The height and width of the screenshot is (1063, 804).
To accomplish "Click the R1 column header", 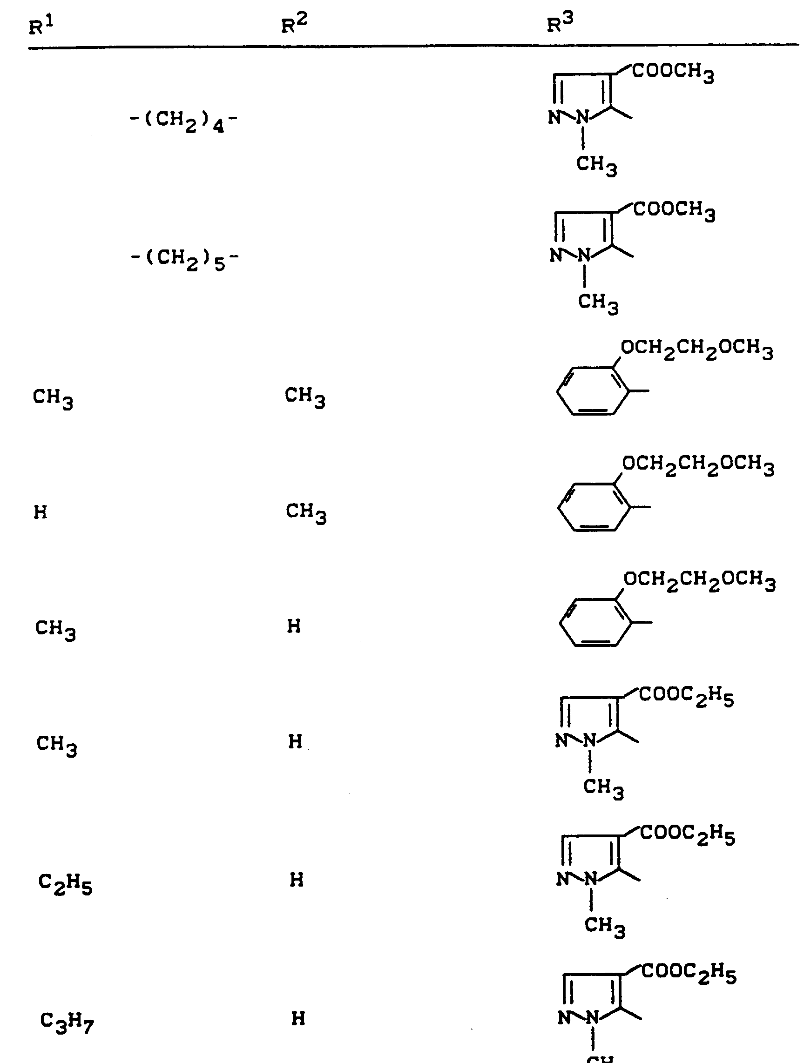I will (41, 26).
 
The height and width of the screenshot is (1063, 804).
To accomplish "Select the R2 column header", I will (294, 24).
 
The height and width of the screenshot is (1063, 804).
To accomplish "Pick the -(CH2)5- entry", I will (184, 259).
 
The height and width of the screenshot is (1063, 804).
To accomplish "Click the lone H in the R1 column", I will (41, 512).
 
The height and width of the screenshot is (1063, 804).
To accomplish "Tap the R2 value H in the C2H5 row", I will (297, 880).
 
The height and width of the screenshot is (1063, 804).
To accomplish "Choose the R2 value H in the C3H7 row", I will (298, 1018).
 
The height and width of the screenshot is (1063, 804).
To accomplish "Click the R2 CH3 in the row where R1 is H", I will (306, 512).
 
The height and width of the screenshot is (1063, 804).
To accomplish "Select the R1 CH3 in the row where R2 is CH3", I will (53, 398).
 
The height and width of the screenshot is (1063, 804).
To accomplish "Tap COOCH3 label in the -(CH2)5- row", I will (674, 211).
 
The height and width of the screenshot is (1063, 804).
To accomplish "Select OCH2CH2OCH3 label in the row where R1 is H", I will (698, 464).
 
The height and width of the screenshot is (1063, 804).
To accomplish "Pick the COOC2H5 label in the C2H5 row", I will (687, 835).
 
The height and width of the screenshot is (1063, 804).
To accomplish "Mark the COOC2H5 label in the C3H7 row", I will (689, 973).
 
